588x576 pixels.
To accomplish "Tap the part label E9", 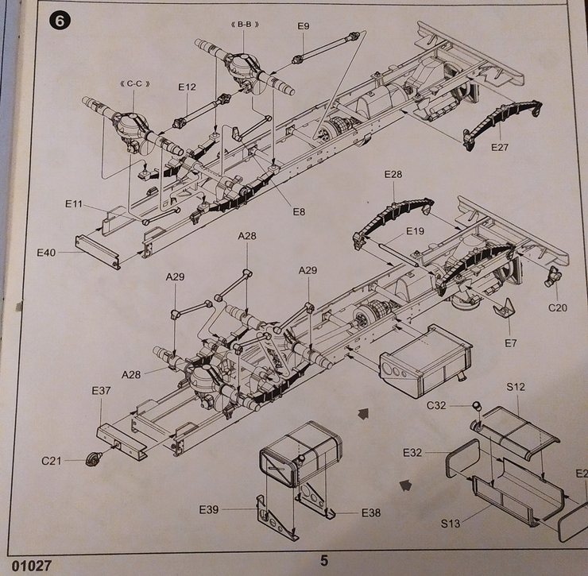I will tap(303, 26).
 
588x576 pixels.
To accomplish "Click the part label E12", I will tap(187, 87).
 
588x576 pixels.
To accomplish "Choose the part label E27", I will tap(500, 147).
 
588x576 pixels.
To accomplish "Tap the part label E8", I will tap(299, 211).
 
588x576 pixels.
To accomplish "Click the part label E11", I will tap(74, 204).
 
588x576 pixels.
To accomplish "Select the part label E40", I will tap(47, 253).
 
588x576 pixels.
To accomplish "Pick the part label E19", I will tap(416, 231).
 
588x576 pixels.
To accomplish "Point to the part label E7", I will tap(510, 343).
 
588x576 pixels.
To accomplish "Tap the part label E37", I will tap(101, 391).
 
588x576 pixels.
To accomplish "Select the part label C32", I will tap(437, 405).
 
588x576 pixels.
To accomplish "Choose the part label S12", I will tap(516, 387).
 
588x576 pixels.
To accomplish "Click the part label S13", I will tap(451, 524).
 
